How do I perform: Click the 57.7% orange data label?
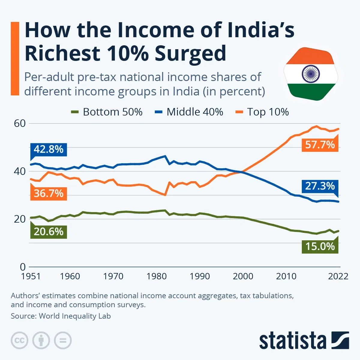320,145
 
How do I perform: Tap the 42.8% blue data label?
49,149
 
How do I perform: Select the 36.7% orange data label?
49,193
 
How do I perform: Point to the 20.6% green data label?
49,232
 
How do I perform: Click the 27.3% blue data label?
320,186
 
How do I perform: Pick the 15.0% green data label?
320,246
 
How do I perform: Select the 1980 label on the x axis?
157,276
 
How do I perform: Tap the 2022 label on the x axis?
338,276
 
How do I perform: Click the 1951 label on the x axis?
31,276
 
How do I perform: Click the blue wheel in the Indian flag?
311,74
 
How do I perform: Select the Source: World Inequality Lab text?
61,316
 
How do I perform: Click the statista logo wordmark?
292,341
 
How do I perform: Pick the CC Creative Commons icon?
19,340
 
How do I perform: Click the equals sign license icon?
63,340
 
